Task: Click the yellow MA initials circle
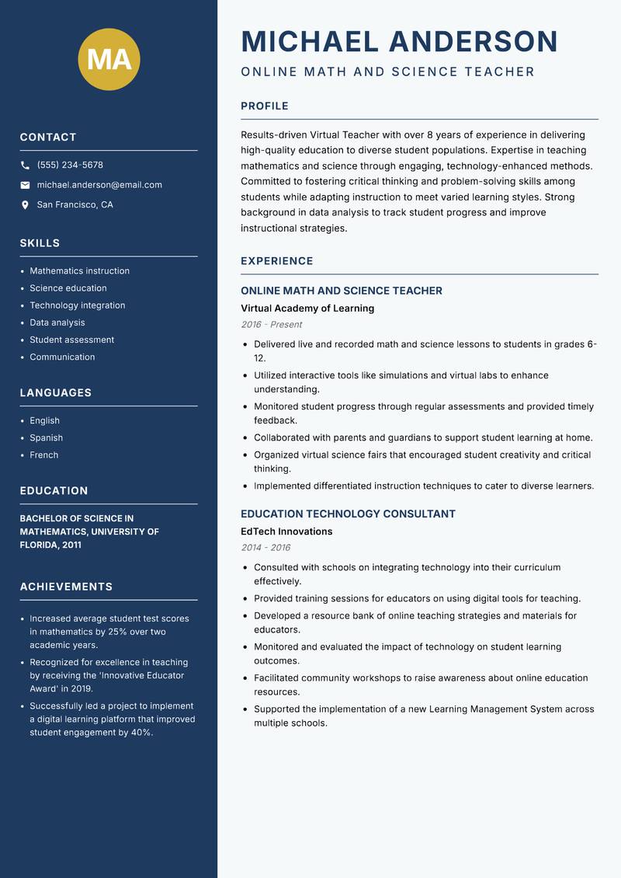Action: pos(109,59)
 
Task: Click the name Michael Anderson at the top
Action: pos(400,41)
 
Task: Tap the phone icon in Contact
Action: pos(26,165)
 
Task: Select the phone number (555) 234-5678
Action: pos(70,165)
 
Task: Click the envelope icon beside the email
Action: pos(26,185)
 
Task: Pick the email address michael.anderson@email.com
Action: pos(99,185)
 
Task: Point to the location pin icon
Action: pos(26,205)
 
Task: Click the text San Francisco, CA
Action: pos(75,205)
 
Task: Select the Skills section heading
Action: pos(40,243)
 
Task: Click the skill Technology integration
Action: pos(77,305)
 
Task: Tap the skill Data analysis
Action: pos(57,322)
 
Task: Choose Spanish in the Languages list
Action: pos(46,437)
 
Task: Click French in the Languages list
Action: pos(43,455)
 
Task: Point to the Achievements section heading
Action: pos(66,587)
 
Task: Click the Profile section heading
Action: pos(264,106)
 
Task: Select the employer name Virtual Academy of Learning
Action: pos(307,308)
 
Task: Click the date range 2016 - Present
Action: pos(271,325)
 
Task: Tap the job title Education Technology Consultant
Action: pos(348,514)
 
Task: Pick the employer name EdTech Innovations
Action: pos(286,531)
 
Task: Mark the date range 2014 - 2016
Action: pos(265,548)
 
